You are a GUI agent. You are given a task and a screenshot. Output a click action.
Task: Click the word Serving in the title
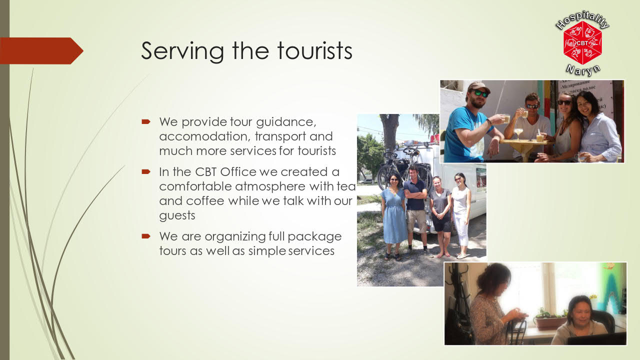(x=182, y=51)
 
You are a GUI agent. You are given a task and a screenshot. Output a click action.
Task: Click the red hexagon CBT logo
(x=582, y=43)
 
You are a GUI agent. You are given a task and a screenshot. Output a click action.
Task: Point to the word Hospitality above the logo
(x=582, y=19)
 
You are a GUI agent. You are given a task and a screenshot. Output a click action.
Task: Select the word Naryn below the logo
(x=583, y=70)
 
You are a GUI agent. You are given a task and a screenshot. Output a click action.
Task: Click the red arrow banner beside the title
(x=41, y=51)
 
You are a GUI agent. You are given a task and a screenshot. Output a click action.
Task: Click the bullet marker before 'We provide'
(x=146, y=122)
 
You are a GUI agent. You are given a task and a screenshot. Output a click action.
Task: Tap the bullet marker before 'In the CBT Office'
(x=146, y=171)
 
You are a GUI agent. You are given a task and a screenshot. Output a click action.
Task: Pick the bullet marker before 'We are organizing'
(x=146, y=236)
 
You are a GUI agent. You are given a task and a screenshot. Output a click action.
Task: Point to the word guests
(x=177, y=215)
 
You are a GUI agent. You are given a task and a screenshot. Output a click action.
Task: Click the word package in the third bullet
(x=314, y=237)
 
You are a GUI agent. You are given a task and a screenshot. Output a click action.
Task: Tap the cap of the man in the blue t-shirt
(x=479, y=87)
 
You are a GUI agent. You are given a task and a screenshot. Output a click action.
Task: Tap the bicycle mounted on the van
(x=404, y=167)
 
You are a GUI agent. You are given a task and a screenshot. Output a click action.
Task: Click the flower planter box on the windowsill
(x=549, y=322)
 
